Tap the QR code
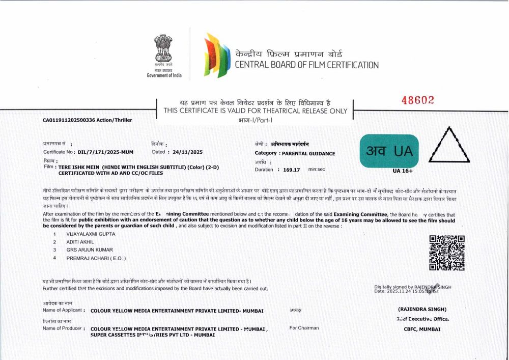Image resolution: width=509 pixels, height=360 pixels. pos(447,253)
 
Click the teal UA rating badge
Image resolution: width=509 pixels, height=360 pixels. pos(389,150)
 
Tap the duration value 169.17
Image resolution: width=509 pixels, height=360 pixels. pos(292,170)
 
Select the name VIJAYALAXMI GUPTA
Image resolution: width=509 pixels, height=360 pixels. pos(91,234)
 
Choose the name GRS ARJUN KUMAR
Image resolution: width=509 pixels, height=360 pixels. pos(90,250)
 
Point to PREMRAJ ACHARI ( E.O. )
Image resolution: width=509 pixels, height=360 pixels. pos(96,258)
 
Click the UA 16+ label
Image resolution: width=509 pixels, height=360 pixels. pos(403,171)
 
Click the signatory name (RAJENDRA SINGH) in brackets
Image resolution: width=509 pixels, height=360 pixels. pos(422,309)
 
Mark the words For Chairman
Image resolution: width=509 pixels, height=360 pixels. pos(304,328)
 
